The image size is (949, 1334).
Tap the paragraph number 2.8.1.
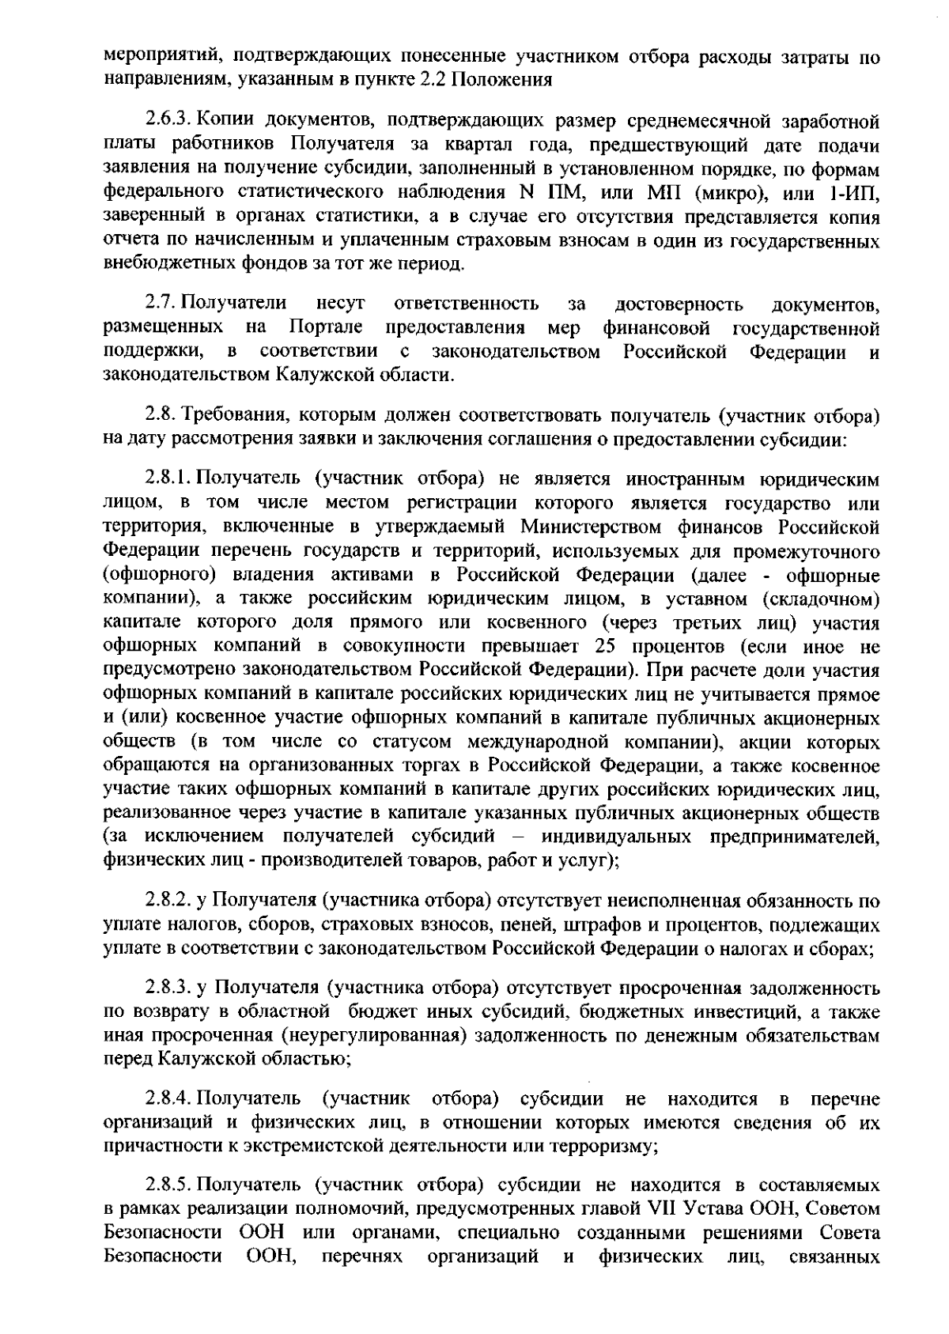coord(168,479)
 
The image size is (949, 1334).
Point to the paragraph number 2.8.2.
coord(168,901)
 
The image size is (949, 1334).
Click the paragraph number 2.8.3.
coord(168,988)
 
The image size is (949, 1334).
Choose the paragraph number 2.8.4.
coord(168,1099)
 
